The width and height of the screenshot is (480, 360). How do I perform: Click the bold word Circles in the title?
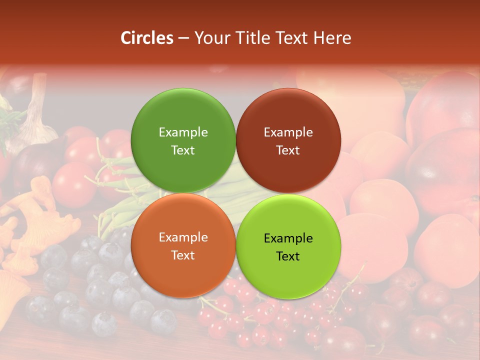coord(146,38)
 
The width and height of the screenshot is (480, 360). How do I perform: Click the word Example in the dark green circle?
coord(183,132)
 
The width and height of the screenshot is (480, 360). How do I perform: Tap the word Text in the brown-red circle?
coord(288,150)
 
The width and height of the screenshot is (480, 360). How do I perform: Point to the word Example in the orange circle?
coord(183,237)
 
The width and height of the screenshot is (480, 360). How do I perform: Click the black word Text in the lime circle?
coord(288,256)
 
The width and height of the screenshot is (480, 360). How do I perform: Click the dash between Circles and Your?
coord(183,38)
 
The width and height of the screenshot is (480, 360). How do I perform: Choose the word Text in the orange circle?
coord(183,255)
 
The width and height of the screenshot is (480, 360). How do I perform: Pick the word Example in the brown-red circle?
coord(288,132)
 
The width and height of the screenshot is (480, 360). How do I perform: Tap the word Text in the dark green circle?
coord(183,150)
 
